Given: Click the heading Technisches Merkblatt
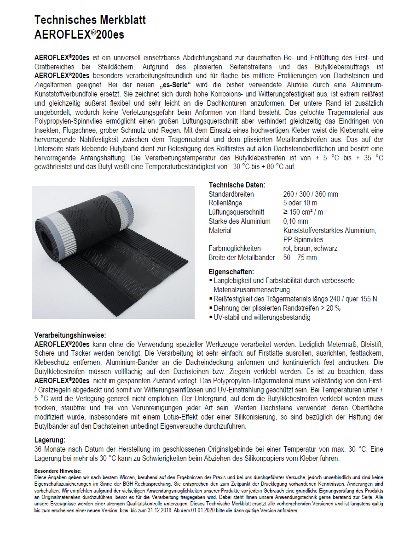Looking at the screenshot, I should pyautogui.click(x=90, y=20).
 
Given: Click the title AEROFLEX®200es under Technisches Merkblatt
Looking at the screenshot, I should pyautogui.click(x=79, y=34).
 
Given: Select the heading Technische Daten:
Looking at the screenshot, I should pyautogui.click(x=237, y=185).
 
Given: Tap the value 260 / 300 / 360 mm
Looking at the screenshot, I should pyautogui.click(x=311, y=194).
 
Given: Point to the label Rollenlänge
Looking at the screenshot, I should pyautogui.click(x=227, y=203).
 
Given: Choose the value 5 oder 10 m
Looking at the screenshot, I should pyautogui.click(x=300, y=203).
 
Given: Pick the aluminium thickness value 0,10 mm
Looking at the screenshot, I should pyautogui.click(x=296, y=221).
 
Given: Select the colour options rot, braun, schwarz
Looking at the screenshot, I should pyautogui.click(x=310, y=249).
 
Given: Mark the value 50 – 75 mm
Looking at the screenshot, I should pyautogui.click(x=300, y=258).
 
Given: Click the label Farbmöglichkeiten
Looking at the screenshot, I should pyautogui.click(x=235, y=249).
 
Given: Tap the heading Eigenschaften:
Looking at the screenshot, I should pyautogui.click(x=231, y=272).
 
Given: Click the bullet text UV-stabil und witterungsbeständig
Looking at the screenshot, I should pyautogui.click(x=261, y=317).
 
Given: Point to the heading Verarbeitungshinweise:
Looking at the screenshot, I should pyautogui.click(x=70, y=335).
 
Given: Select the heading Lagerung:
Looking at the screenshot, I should pyautogui.click(x=50, y=440).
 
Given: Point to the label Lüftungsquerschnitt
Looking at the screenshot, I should pyautogui.click(x=237, y=212).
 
